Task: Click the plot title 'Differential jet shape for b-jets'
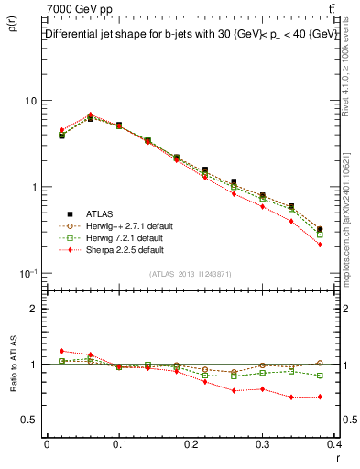119,34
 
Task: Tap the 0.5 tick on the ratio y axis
30,420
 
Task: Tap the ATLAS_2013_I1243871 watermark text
191,274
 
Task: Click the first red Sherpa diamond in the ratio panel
61,351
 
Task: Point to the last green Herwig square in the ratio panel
319,376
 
